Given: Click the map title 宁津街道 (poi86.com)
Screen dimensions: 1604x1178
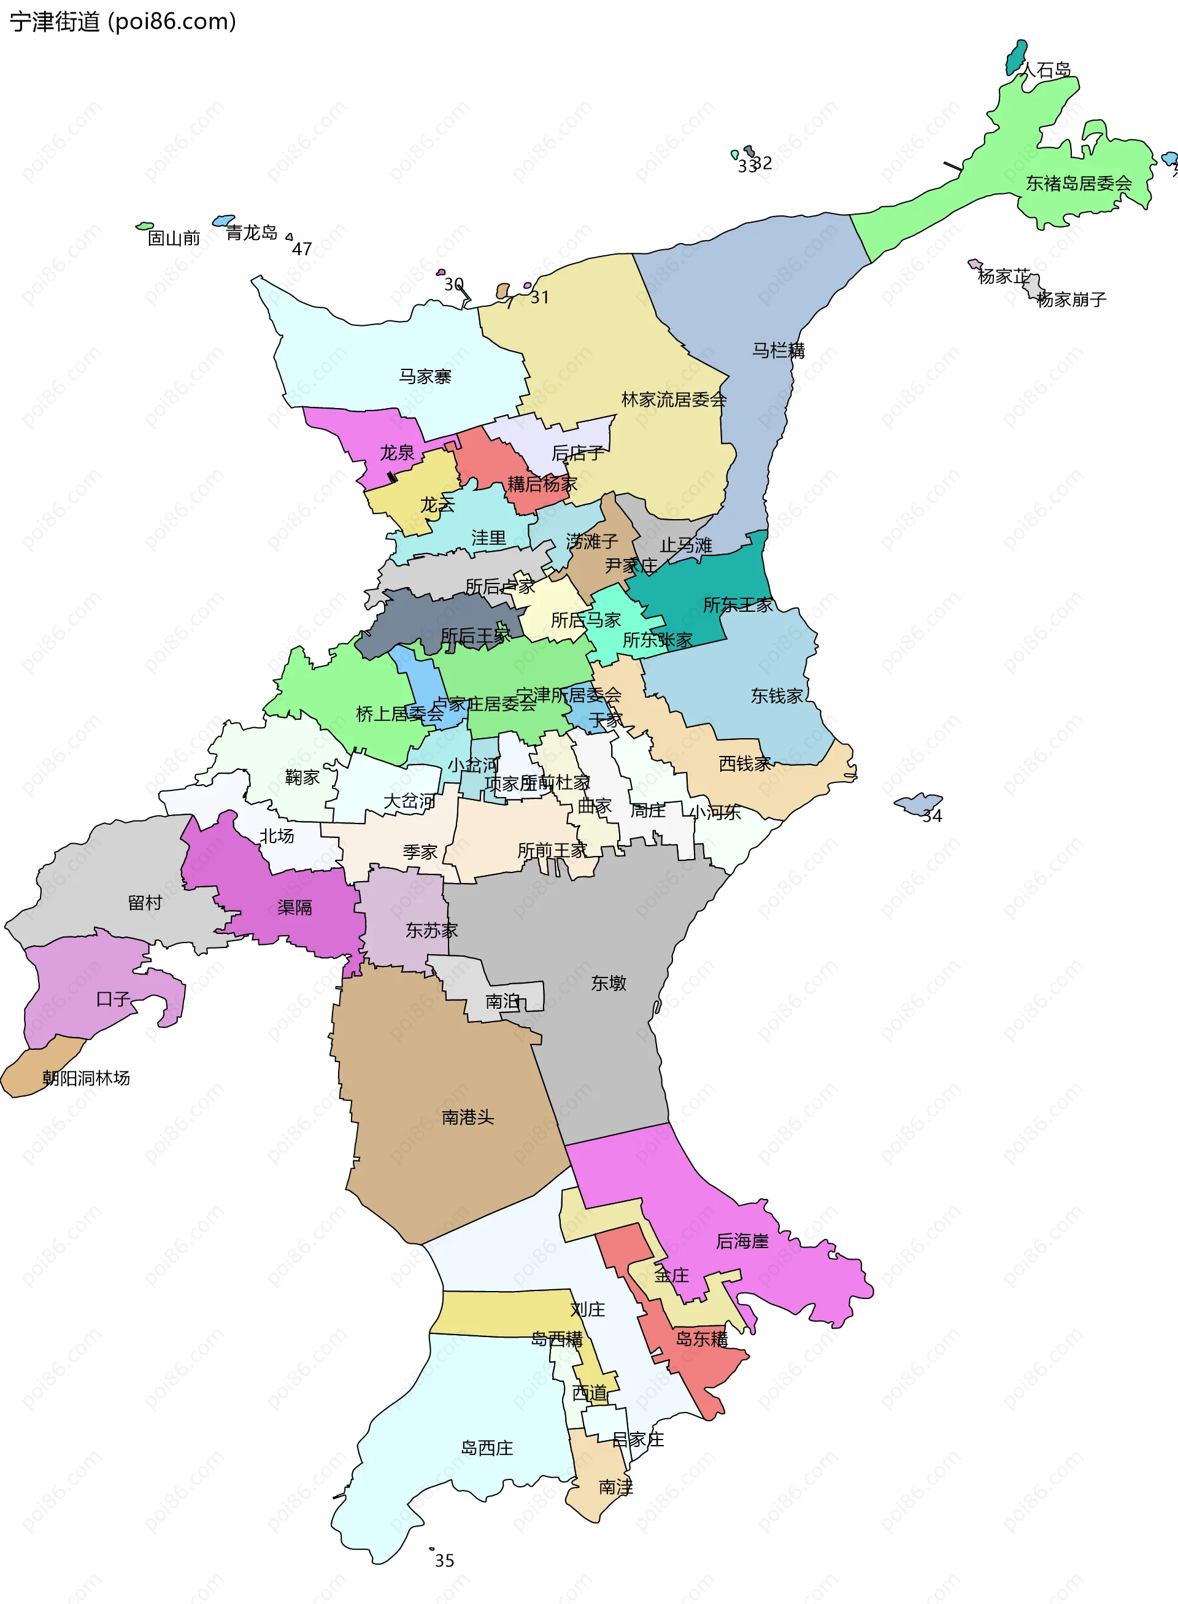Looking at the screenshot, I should coord(123,21).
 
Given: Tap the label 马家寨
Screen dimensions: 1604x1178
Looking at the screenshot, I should coord(425,376).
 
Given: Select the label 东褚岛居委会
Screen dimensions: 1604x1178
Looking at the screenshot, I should coord(1078,183).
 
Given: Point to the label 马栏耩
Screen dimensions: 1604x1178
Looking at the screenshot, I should coord(778,350).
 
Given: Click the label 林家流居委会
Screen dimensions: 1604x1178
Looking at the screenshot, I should coord(673,399).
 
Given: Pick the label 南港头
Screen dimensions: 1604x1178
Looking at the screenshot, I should coord(468,1117).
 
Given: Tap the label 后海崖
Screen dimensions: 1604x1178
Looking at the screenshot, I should coord(742,1241).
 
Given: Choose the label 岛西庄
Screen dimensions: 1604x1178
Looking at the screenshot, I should coord(487,1448).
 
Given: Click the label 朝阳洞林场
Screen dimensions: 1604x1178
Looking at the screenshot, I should coord(87,1078).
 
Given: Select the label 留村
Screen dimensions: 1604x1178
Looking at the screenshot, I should coord(145,902).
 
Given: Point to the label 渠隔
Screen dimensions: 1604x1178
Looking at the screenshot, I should coord(294,907).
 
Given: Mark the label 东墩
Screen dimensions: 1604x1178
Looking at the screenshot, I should coord(608,983).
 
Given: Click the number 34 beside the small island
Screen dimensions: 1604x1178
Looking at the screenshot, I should coord(932,816).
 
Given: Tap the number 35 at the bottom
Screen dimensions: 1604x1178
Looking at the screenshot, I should coord(444,1560).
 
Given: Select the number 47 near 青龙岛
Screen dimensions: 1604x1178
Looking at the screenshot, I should coord(302,249).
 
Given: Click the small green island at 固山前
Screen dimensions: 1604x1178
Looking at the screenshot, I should coord(145,226).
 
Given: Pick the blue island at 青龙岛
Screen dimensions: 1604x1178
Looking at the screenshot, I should coord(224,220).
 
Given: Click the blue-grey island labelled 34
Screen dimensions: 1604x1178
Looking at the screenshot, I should coord(918,803).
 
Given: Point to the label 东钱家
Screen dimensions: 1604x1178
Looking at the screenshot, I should coord(777,695).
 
